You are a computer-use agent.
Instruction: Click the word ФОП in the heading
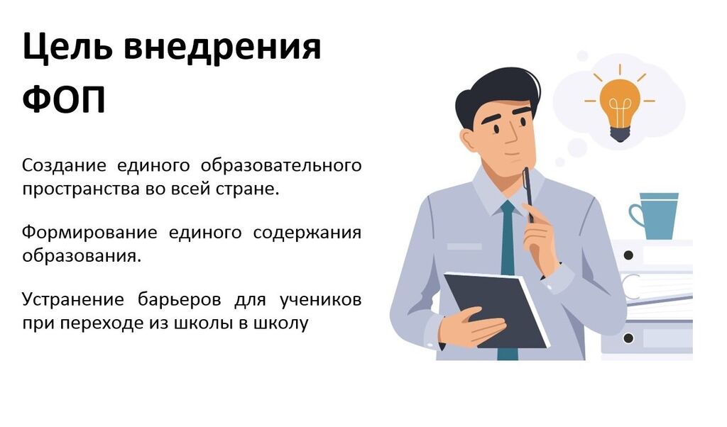(x=65, y=99)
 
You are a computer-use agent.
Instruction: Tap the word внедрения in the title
(x=222, y=48)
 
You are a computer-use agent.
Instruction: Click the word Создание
(x=64, y=166)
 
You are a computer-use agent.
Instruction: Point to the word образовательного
(x=281, y=166)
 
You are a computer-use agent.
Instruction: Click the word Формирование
(x=89, y=233)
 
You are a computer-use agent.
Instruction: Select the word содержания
(x=307, y=233)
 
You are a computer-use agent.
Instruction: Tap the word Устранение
(x=73, y=299)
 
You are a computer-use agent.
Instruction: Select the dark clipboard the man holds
(x=496, y=310)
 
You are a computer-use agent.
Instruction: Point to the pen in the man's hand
(x=528, y=194)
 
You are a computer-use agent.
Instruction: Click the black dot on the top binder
(x=629, y=255)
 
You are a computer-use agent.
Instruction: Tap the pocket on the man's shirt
(x=464, y=246)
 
